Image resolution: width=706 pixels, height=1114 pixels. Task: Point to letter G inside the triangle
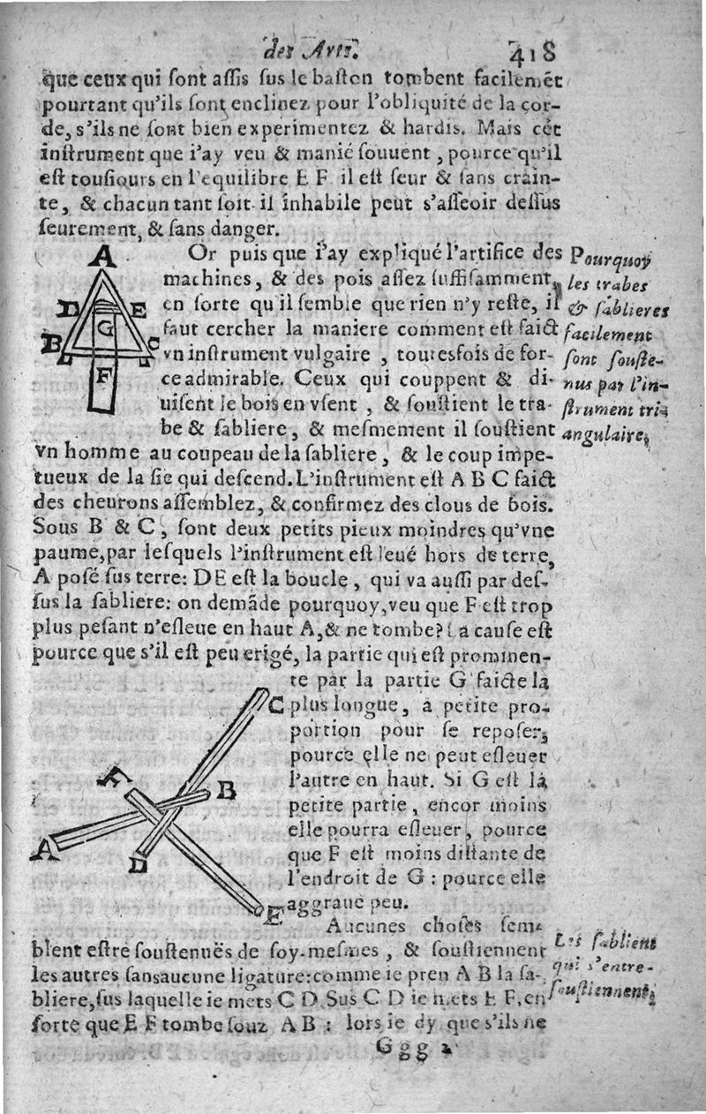[x=106, y=330]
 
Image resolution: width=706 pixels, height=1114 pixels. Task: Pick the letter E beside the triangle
[x=139, y=310]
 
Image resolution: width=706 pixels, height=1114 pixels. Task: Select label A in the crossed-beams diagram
[x=40, y=850]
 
